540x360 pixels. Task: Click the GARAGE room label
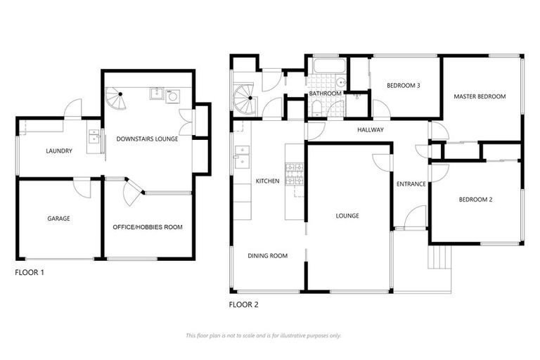(x=58, y=219)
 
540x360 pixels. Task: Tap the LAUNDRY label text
(x=59, y=150)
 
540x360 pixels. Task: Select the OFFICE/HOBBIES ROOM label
(x=148, y=227)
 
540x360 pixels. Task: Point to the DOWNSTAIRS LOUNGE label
(x=147, y=139)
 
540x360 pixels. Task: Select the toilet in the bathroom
(x=317, y=108)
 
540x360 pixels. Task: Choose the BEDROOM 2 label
(x=475, y=200)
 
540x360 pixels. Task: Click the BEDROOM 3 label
(x=403, y=86)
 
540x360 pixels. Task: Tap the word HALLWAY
(x=370, y=130)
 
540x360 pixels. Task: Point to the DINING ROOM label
(x=268, y=256)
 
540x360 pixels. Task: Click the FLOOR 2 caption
(x=244, y=304)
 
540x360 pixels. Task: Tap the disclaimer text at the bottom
(x=264, y=335)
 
